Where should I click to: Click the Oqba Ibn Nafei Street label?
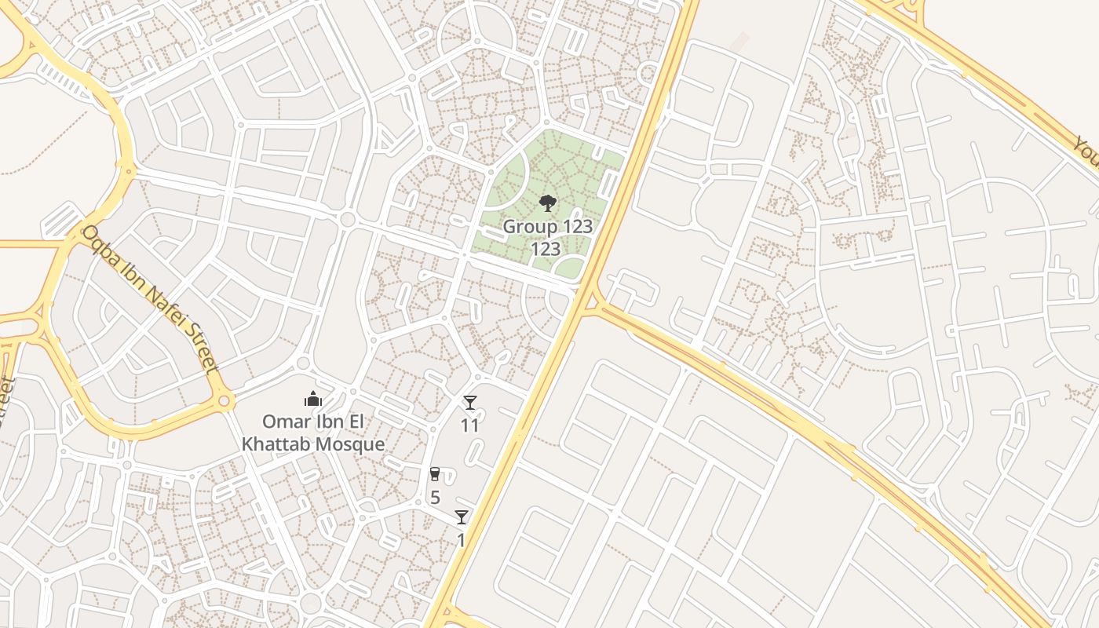(x=149, y=298)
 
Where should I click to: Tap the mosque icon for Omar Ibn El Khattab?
(x=313, y=400)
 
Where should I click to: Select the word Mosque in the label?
(x=349, y=444)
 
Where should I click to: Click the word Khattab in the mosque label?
(x=276, y=444)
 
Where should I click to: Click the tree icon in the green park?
(x=547, y=204)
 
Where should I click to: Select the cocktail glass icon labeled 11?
(x=469, y=403)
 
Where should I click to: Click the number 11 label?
(x=469, y=425)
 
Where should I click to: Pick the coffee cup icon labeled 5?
(x=434, y=474)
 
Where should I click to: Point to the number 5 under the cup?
(x=435, y=498)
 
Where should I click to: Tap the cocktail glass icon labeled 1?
(x=461, y=517)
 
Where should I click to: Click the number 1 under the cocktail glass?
(x=461, y=541)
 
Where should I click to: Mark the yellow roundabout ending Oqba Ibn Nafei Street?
(x=225, y=401)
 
